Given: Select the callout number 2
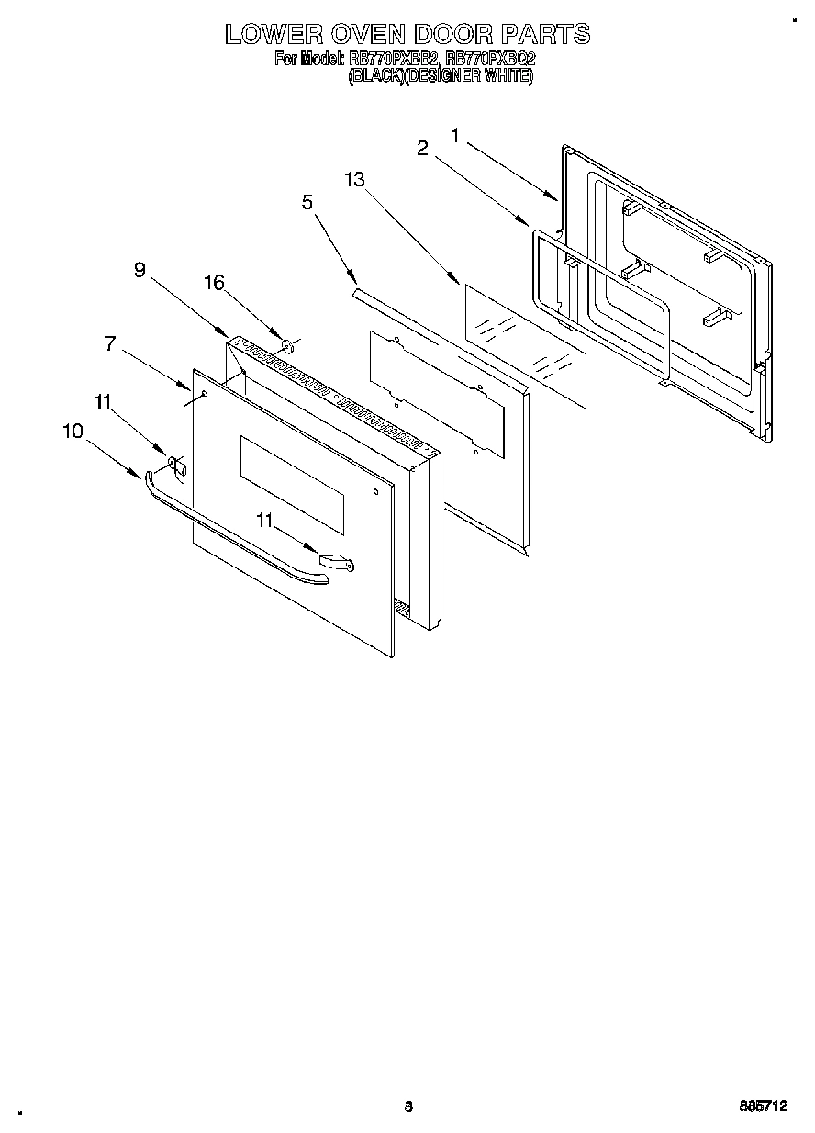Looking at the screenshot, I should pos(423,149).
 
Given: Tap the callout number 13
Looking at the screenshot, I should pos(355,180).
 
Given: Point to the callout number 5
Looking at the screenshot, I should pos(308,203).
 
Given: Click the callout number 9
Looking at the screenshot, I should pos(140,269).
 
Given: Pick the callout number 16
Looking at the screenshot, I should pos(213,283).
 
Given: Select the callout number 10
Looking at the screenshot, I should pos(73,430).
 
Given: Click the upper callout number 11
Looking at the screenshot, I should pos(103,400).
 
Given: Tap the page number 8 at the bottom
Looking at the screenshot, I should pos(408,1106).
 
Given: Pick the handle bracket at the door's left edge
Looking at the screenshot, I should pos(179,470).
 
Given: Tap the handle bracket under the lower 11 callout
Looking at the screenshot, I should pos(336,561).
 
